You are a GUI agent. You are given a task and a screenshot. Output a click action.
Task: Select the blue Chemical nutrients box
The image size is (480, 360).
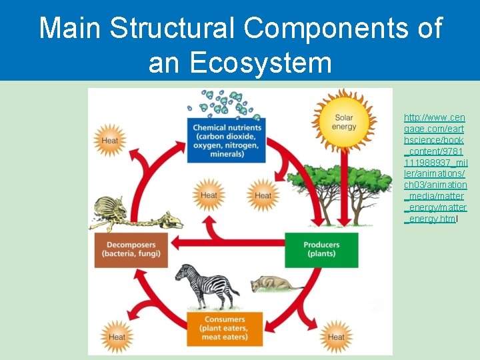pos(226,140)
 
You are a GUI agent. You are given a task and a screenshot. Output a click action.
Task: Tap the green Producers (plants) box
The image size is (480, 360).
pos(321,249)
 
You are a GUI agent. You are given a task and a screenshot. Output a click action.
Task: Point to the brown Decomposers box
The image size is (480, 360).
pos(131,249)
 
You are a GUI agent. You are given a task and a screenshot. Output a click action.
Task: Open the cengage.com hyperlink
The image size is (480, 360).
pos(435,167)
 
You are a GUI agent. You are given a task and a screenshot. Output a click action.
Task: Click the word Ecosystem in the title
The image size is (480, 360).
pos(240,63)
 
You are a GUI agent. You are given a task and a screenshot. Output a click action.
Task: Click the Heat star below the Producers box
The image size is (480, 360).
pos(336,336)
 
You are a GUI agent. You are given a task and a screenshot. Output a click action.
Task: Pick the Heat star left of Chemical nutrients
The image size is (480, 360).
pos(110,141)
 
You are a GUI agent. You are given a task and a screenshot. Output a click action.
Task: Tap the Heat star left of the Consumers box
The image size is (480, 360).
pos(117,336)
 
